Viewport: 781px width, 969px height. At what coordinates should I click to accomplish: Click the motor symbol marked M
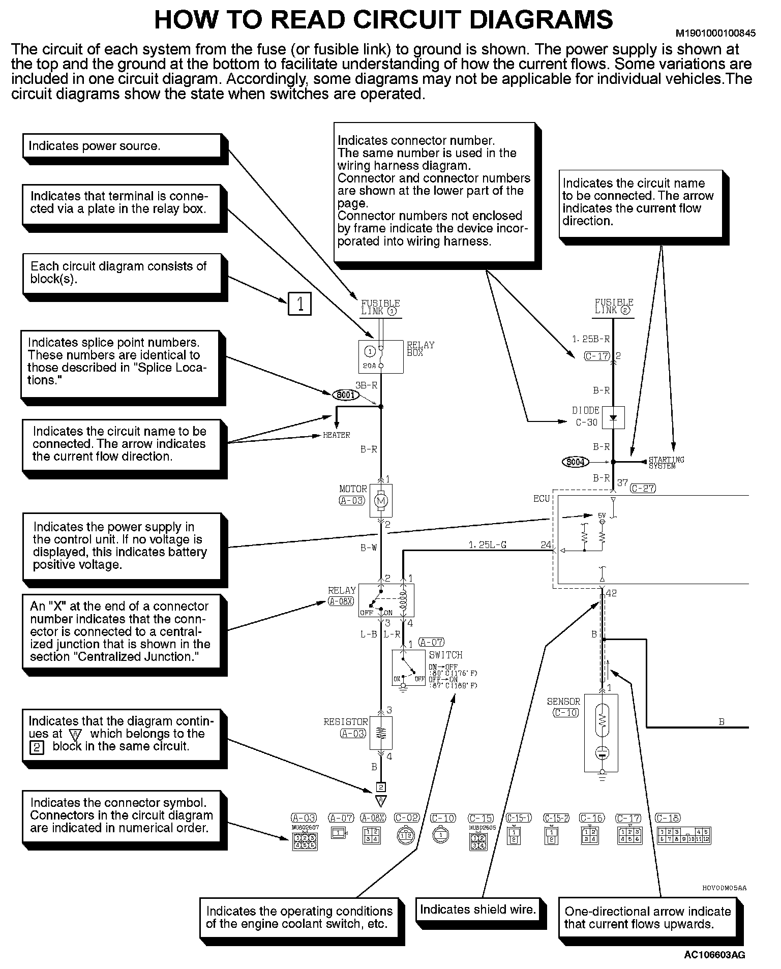(x=380, y=501)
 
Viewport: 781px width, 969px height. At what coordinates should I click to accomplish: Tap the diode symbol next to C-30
(x=613, y=417)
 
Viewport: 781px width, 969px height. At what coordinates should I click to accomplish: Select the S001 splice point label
(x=346, y=395)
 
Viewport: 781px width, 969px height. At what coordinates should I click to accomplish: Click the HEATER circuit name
(x=336, y=435)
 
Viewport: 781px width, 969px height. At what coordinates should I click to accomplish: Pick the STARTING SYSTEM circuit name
(x=666, y=462)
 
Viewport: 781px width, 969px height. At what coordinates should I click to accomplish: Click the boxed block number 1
(x=299, y=304)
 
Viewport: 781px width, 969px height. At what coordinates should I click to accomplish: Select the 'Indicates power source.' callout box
(x=122, y=146)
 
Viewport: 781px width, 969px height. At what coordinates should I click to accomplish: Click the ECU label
(x=542, y=499)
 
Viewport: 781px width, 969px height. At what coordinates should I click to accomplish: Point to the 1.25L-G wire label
(x=487, y=545)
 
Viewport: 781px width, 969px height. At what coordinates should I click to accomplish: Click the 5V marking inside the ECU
(x=602, y=516)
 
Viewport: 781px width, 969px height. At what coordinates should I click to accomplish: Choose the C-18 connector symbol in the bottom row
(x=684, y=835)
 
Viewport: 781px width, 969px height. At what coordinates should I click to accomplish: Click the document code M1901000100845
(x=715, y=34)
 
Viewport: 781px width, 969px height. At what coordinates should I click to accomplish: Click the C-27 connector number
(x=643, y=488)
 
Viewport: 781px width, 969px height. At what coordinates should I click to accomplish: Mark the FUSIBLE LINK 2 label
(x=614, y=306)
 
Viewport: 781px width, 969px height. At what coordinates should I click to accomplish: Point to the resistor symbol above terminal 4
(x=381, y=733)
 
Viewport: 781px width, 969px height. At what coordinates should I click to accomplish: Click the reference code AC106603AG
(x=714, y=955)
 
